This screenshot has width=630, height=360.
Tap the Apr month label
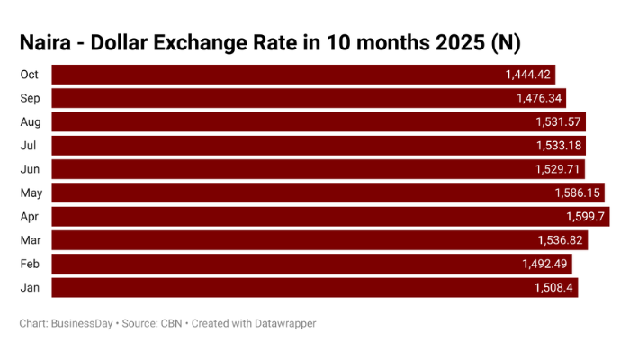click(x=28, y=216)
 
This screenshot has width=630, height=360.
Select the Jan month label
click(x=28, y=287)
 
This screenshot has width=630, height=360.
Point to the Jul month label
click(x=27, y=146)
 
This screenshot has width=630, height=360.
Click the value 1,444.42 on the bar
click(x=529, y=75)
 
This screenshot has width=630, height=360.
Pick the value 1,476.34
click(x=539, y=98)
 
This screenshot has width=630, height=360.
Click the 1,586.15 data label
click(x=576, y=193)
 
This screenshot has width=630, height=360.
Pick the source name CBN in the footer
click(x=170, y=323)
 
